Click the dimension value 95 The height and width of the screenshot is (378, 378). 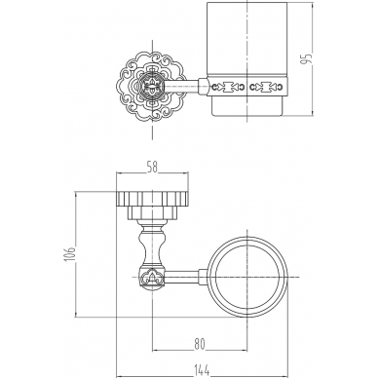pyautogui.click(x=307, y=58)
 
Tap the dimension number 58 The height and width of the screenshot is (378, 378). pyautogui.click(x=152, y=168)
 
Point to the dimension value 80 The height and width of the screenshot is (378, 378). pyautogui.click(x=200, y=344)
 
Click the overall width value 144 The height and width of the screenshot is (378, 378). pyautogui.click(x=202, y=369)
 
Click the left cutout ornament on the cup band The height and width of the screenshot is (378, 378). pyautogui.click(x=228, y=87)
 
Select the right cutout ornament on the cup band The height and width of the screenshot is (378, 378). pyautogui.click(x=266, y=87)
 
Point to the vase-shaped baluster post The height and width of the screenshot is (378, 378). pyautogui.click(x=152, y=244)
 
